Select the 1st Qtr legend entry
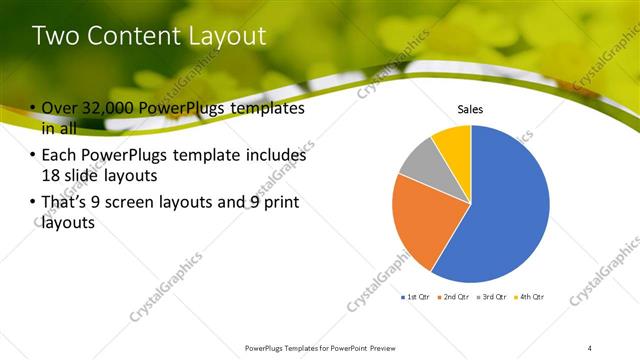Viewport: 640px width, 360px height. tap(417, 297)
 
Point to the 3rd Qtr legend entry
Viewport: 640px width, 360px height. tap(492, 297)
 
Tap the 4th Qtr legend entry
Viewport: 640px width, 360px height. tap(530, 297)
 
